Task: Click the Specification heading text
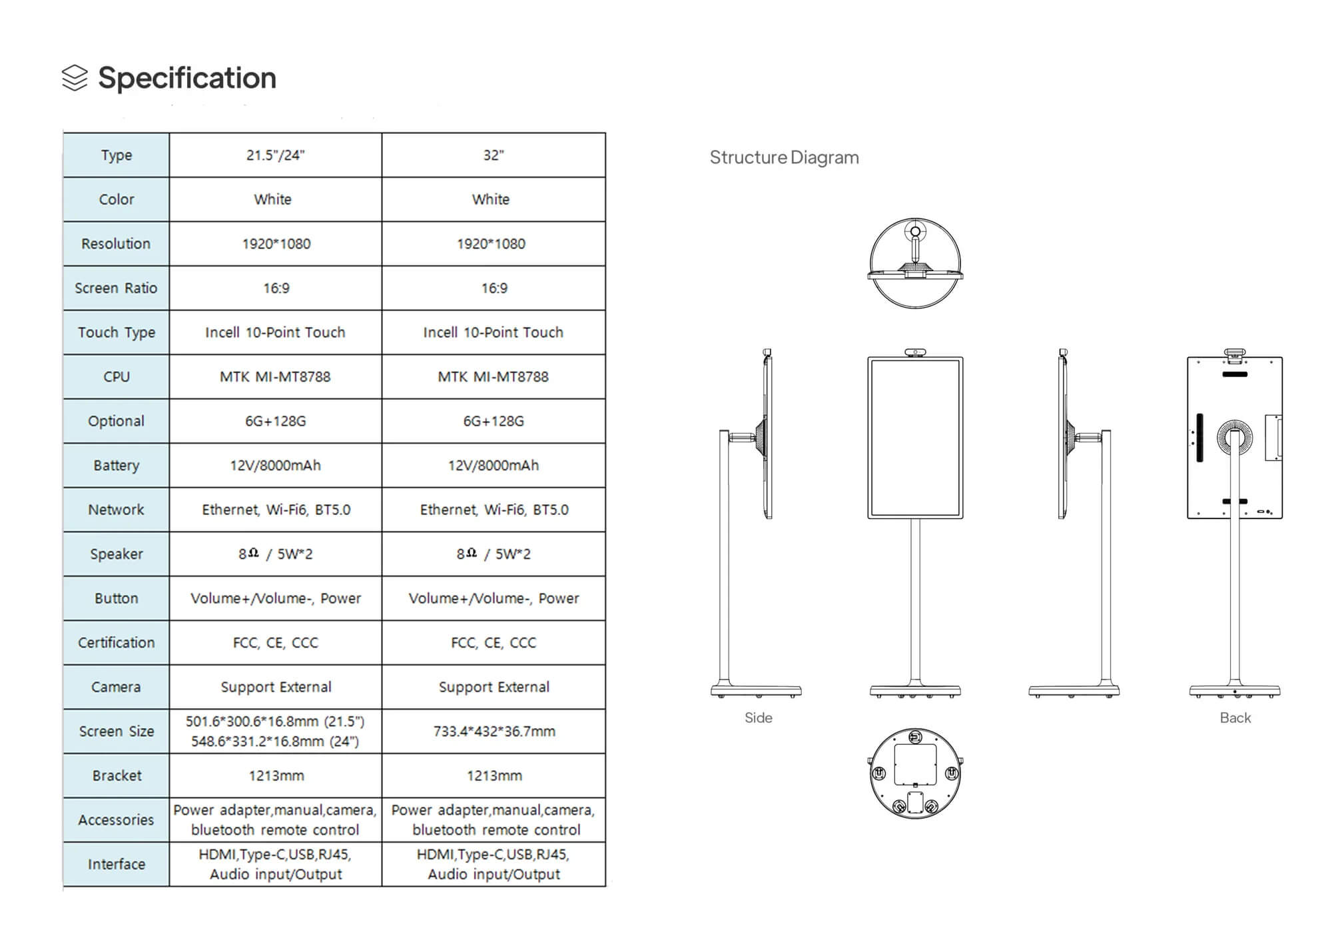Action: (186, 78)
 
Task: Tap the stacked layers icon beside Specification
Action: (75, 78)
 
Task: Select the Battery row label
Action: (116, 465)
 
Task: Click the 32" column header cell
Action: (494, 155)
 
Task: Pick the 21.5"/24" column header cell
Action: (275, 155)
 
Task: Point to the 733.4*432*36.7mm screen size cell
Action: (494, 731)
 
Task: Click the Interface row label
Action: (116, 864)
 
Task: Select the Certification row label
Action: (116, 642)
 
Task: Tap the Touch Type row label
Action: (116, 332)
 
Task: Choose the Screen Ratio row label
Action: (116, 288)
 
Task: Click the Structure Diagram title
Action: (784, 157)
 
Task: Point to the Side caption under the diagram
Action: (758, 717)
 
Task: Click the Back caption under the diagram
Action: (1235, 717)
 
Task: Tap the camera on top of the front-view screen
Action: (915, 352)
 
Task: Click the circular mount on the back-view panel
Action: (1234, 438)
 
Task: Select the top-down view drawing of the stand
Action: (915, 263)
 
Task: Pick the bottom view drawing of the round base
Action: (915, 773)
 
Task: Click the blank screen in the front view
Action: (915, 438)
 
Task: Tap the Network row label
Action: (116, 510)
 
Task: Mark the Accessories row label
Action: (116, 819)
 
